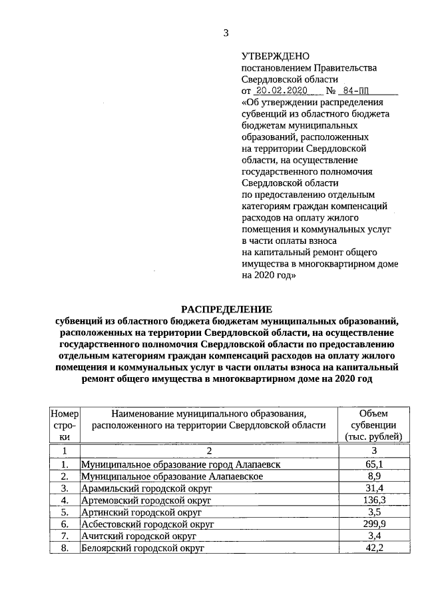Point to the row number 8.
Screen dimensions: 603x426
tap(65, 548)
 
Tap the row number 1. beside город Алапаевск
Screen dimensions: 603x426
tap(65, 464)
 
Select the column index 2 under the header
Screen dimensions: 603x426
tap(209, 451)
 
